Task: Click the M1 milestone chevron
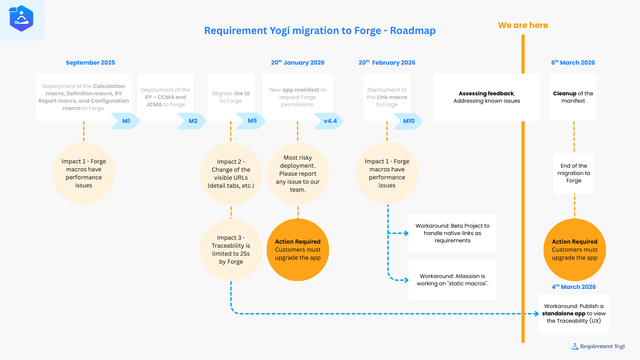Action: [126, 121]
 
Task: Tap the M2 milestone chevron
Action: [193, 121]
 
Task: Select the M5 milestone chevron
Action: [252, 121]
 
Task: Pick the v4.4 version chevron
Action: [330, 121]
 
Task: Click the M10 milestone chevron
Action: [409, 121]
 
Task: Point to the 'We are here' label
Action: [523, 25]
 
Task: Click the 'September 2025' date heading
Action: [90, 63]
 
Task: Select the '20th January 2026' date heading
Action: [297, 63]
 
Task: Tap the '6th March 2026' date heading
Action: [573, 63]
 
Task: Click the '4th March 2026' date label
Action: [574, 287]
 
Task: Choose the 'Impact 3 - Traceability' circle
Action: [231, 250]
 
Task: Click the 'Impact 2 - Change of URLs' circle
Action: [231, 174]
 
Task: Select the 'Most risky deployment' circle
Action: [298, 174]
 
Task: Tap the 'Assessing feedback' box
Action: [486, 97]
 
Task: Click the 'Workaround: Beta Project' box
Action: [452, 233]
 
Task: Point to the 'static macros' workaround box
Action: [452, 280]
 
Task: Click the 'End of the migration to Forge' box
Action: [574, 173]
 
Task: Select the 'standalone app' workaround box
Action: [574, 314]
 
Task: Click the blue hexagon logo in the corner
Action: [21, 19]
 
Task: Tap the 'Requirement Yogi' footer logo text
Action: [602, 346]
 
